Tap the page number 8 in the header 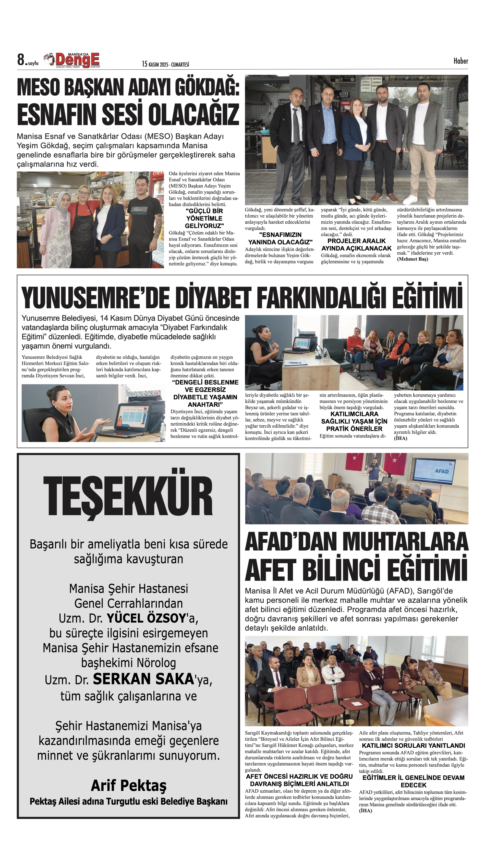(x=21, y=60)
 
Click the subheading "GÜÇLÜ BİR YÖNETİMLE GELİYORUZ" (x=204, y=218)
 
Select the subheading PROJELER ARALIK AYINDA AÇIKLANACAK (x=356, y=245)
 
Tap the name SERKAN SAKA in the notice (x=143, y=679)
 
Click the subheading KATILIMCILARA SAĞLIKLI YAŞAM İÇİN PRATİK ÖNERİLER (x=354, y=421)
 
